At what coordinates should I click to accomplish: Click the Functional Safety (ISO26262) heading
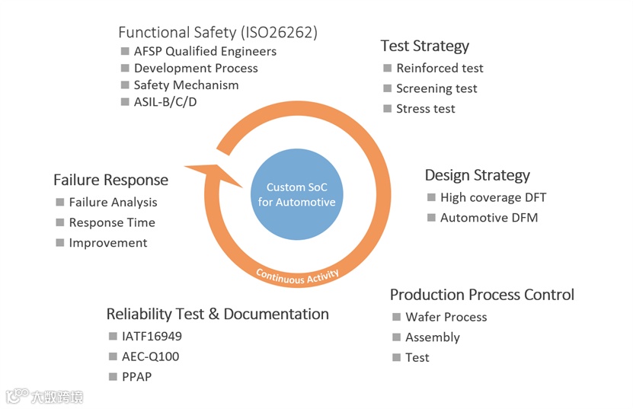pos(217,33)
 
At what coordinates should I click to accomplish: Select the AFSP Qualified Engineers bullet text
pos(205,52)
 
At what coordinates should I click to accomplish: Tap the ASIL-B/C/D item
pos(165,102)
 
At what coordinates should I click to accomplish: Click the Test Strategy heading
pos(424,46)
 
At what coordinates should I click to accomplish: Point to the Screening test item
pos(436,88)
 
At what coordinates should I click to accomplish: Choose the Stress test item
pos(425,109)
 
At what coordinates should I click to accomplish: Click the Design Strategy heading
pos(477,175)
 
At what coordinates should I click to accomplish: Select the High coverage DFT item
pos(493,197)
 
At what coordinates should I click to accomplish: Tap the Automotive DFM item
pos(489,218)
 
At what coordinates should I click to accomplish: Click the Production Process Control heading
pos(481,295)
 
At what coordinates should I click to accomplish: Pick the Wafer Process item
pos(446,317)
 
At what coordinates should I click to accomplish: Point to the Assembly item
pos(432,337)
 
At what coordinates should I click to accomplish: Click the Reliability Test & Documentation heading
pos(217,314)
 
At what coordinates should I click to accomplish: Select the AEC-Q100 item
pos(150,356)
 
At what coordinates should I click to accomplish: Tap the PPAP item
pos(136,377)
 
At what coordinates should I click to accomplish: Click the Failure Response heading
pos(110,181)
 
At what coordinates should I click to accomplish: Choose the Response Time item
pos(112,222)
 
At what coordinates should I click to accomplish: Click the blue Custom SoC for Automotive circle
pos(296,195)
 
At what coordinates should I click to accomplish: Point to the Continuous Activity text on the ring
pos(297,275)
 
